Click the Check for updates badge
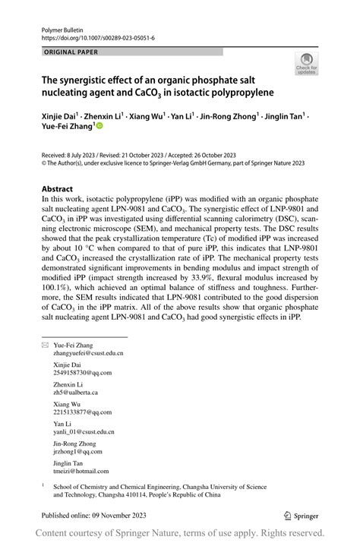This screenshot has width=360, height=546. coord(306,64)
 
